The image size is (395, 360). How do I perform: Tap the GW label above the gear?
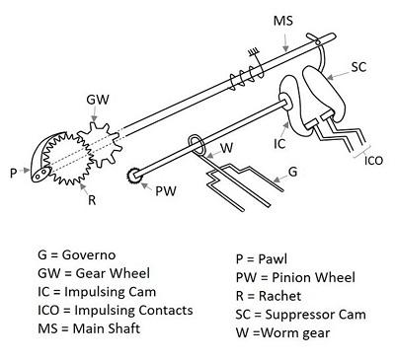click(97, 100)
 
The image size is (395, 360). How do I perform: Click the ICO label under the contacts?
click(374, 158)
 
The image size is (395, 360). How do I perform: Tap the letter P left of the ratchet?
click(13, 172)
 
